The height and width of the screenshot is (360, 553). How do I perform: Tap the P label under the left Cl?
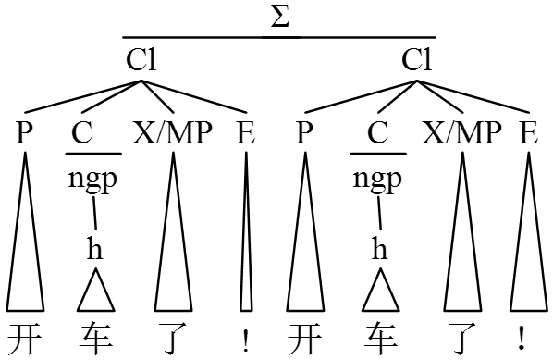pos(24,133)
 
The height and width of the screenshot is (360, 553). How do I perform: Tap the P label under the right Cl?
pos(303,133)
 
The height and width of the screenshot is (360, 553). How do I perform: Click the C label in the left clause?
pos(82,133)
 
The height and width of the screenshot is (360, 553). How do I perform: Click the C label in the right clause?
pos(377,133)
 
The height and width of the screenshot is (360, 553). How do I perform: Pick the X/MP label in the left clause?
pos(173,133)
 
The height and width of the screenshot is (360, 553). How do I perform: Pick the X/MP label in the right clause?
pos(461,133)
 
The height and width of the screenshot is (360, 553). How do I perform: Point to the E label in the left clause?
pos(245,133)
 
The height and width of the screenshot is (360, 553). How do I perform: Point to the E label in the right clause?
pos(528,133)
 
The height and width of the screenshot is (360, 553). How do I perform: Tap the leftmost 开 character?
pos(24,339)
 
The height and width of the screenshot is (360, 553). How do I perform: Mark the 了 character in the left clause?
pos(173,339)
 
